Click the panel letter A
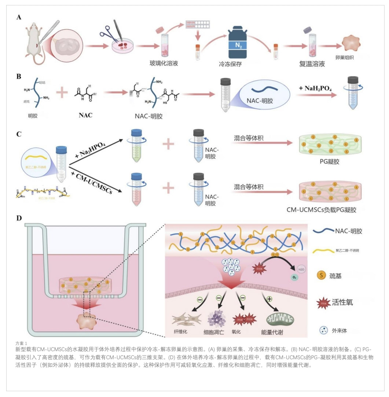point(18,18)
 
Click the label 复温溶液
point(312,64)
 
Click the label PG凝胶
point(329,161)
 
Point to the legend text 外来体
point(340,331)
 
